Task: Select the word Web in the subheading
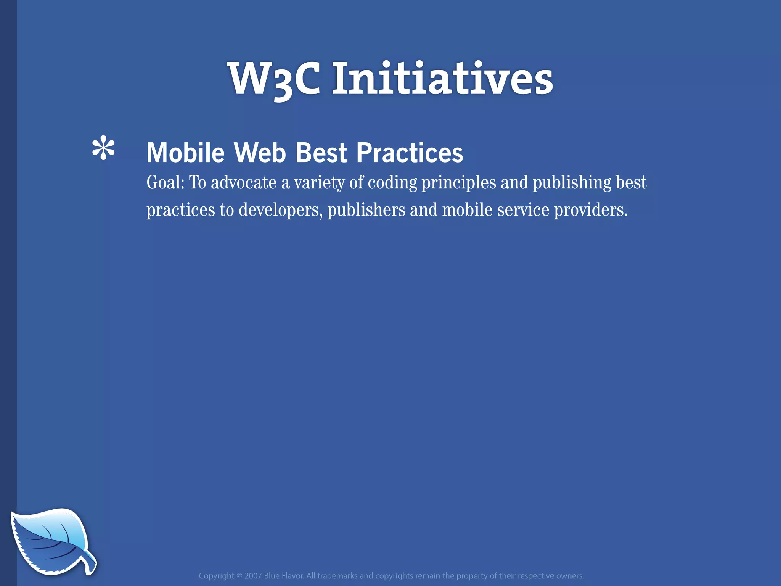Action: [260, 153]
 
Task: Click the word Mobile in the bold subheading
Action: [186, 153]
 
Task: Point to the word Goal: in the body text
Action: [166, 182]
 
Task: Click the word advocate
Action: [244, 182]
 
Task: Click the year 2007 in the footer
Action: [253, 576]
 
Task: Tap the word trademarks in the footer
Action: [337, 576]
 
